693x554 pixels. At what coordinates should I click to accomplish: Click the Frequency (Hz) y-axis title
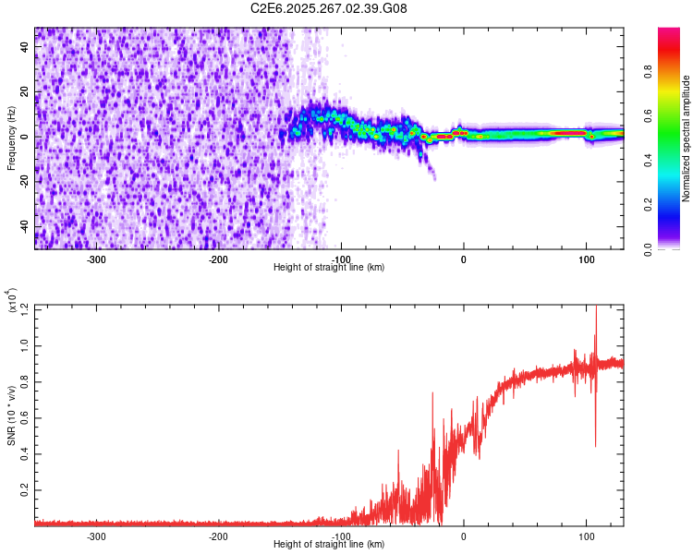point(11,137)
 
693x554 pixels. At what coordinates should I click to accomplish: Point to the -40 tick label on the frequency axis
point(24,226)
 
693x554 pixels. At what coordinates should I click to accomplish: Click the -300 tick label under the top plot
point(96,259)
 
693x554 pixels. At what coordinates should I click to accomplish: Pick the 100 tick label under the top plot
point(586,259)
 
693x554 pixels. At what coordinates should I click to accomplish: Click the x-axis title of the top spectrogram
point(329,267)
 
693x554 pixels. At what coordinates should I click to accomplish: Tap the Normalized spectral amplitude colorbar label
point(687,138)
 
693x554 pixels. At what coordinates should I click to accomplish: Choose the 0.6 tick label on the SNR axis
point(25,418)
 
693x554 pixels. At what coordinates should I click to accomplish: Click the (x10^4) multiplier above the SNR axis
point(13,299)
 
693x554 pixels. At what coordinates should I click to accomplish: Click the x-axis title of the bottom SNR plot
point(329,544)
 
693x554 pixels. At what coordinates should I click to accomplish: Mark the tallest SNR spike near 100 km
point(596,309)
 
